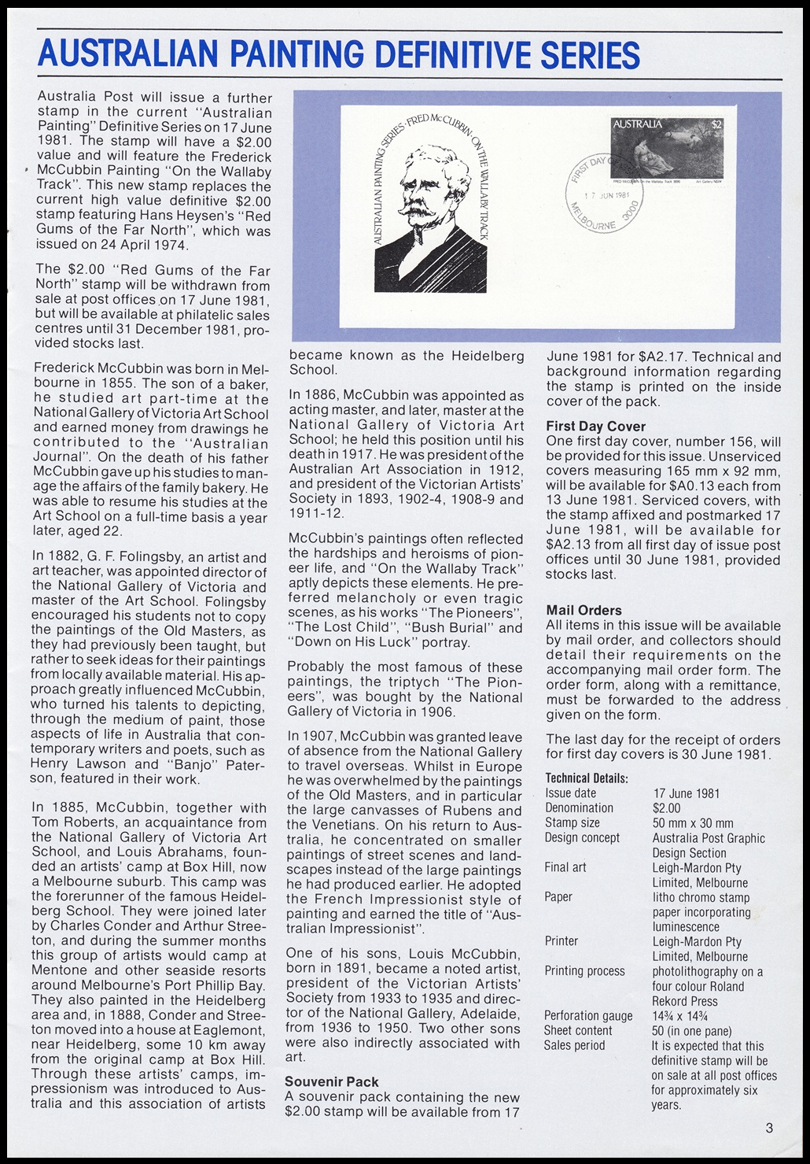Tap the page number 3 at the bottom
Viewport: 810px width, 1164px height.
769,1128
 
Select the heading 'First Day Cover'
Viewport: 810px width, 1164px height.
595,427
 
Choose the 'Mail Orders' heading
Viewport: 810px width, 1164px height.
584,610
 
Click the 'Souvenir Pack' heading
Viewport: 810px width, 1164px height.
331,1081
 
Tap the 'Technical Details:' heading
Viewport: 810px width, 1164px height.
586,778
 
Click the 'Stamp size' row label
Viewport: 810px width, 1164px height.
572,822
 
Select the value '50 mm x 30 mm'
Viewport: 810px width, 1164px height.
693,822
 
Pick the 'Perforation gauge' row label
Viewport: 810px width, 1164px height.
588,1015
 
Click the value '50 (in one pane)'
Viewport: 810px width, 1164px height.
692,1030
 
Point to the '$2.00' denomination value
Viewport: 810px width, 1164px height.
667,807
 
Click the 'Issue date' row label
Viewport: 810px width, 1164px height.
570,793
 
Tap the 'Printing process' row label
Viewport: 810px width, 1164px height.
584,970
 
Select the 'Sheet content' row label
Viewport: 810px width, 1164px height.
577,1030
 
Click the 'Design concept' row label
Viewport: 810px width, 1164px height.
582,837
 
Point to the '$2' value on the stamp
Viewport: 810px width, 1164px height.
717,124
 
